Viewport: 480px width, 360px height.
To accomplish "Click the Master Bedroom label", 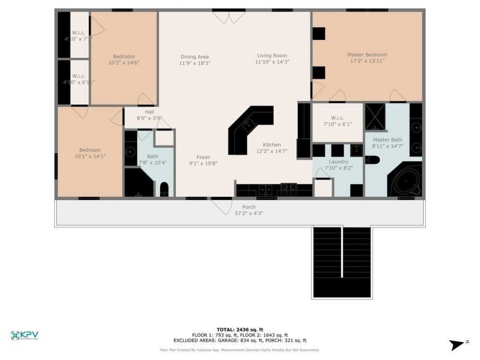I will click(367, 55).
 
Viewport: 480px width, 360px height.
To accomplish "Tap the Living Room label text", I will click(272, 56).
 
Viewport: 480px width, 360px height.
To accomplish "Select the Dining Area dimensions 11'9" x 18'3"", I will click(195, 63).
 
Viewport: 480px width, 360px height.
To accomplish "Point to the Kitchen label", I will click(272, 145).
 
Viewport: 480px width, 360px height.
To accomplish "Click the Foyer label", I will click(203, 157).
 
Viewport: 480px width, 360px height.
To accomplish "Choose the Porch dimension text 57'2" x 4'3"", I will click(249, 213).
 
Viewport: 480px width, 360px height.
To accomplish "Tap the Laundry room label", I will click(338, 162).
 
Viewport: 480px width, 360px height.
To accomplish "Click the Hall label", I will click(149, 112).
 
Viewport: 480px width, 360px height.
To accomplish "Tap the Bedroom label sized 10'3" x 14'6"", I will click(124, 57).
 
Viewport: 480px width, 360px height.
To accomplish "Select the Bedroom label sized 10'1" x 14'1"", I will click(90, 150).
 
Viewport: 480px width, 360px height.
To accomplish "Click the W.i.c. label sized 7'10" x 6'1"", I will click(337, 118).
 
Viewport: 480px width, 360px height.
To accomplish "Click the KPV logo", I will click(24, 335).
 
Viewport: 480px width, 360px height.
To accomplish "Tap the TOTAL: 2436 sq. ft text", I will click(240, 330).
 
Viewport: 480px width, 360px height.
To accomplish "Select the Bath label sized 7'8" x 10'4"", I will click(153, 157).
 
